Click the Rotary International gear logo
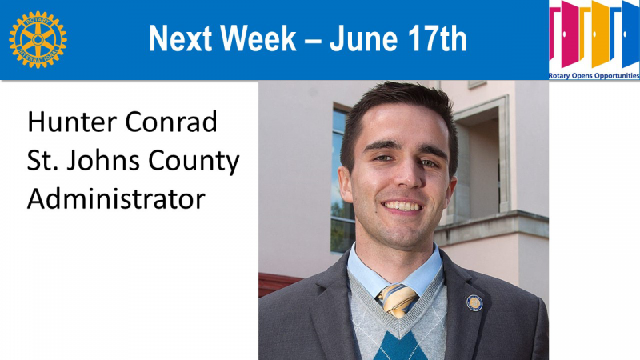pos(38,39)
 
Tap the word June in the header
pos(363,38)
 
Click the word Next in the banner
pos(180,38)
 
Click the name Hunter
pos(71,122)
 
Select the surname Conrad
pos(170,122)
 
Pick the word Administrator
pos(116,198)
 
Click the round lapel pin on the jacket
pos(474,303)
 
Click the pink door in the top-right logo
pos(570,34)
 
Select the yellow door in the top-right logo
pos(601,34)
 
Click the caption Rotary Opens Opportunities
pos(594,75)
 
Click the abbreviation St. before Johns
pos(42,161)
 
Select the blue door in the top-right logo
pos(630,34)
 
